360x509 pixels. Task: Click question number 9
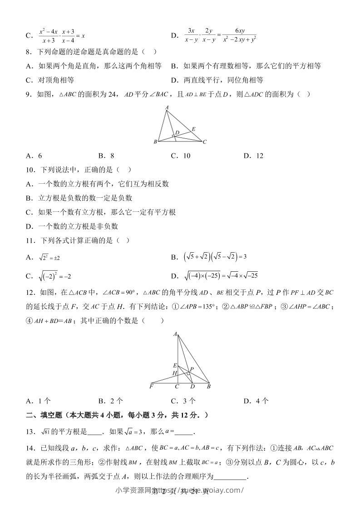pyautogui.click(x=30, y=94)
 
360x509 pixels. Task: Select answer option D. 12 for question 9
pyautogui.click(x=253, y=156)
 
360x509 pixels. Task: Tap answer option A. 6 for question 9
pyautogui.click(x=34, y=156)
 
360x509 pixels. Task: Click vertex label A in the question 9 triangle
pyautogui.click(x=167, y=108)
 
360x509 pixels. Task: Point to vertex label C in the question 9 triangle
pyautogui.click(x=205, y=142)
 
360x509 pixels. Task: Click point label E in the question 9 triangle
pyautogui.click(x=193, y=129)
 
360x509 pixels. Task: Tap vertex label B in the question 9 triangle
pyautogui.click(x=155, y=142)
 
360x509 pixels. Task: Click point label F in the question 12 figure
pyautogui.click(x=151, y=387)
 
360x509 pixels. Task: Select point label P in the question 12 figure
pyautogui.click(x=192, y=369)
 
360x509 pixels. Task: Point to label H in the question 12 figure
pyautogui.click(x=174, y=373)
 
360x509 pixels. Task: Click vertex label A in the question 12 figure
pyautogui.click(x=175, y=334)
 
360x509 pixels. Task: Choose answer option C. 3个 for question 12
pyautogui.click(x=183, y=401)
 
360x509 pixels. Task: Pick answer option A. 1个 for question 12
pyautogui.click(x=38, y=401)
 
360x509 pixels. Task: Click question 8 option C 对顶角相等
pyautogui.click(x=50, y=80)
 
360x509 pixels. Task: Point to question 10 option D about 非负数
pyautogui.click(x=72, y=226)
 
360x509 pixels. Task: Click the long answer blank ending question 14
pyautogui.click(x=230, y=476)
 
